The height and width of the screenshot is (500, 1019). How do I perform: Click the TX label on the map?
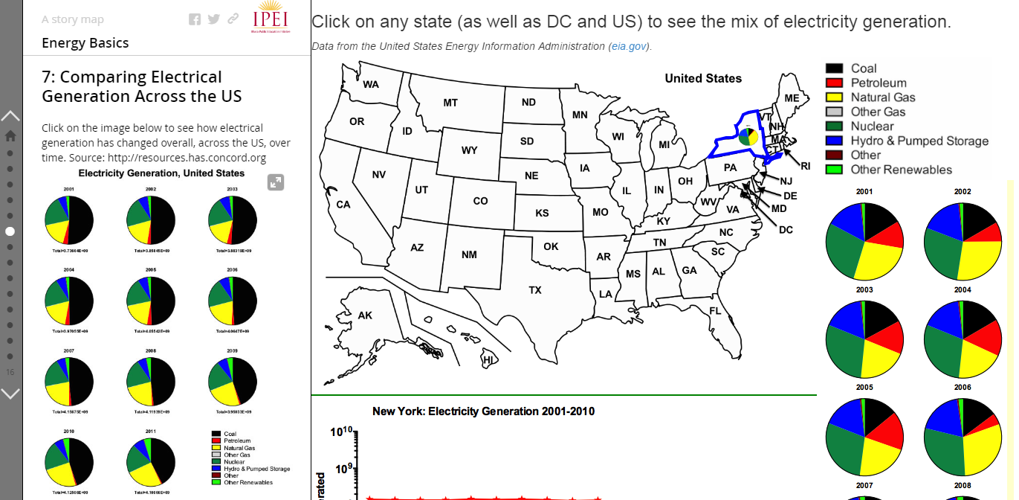pos(535,290)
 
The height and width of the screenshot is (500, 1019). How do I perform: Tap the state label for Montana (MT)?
pos(450,103)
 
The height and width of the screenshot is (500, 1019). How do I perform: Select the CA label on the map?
pos(343,204)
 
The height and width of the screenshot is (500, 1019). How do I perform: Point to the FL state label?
pos(715,310)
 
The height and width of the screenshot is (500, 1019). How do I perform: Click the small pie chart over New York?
pos(748,137)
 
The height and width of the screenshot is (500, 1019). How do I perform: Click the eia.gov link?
pos(629,46)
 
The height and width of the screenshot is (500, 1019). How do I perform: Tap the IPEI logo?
pos(271,18)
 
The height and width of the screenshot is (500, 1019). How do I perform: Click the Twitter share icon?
pos(214,19)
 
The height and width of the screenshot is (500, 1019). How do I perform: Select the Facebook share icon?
pos(195,19)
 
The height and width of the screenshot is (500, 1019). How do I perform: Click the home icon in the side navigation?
pos(10,135)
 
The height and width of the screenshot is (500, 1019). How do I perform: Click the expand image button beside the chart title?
pos(276,182)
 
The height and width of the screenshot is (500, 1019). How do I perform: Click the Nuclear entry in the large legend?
pos(872,126)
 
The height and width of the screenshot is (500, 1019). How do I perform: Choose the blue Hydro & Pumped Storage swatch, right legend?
pos(834,141)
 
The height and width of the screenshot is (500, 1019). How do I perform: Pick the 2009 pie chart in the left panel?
pos(233,379)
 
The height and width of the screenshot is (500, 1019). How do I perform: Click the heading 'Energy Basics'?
pos(85,43)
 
